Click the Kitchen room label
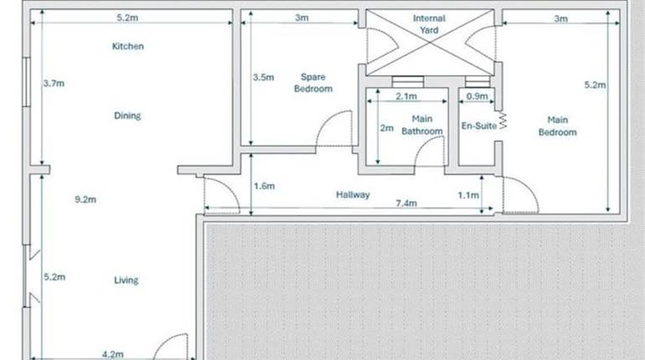pos(128,47)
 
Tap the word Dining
pos(127,116)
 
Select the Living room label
pos(127,280)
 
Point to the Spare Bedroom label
pos(313,83)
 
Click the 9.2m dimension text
pos(86,200)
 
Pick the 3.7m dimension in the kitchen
pos(54,83)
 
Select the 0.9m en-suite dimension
pos(476,96)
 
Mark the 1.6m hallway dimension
pos(264,186)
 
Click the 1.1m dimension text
pos(468,195)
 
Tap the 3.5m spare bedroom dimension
pos(264,78)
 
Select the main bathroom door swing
pos(431,153)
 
